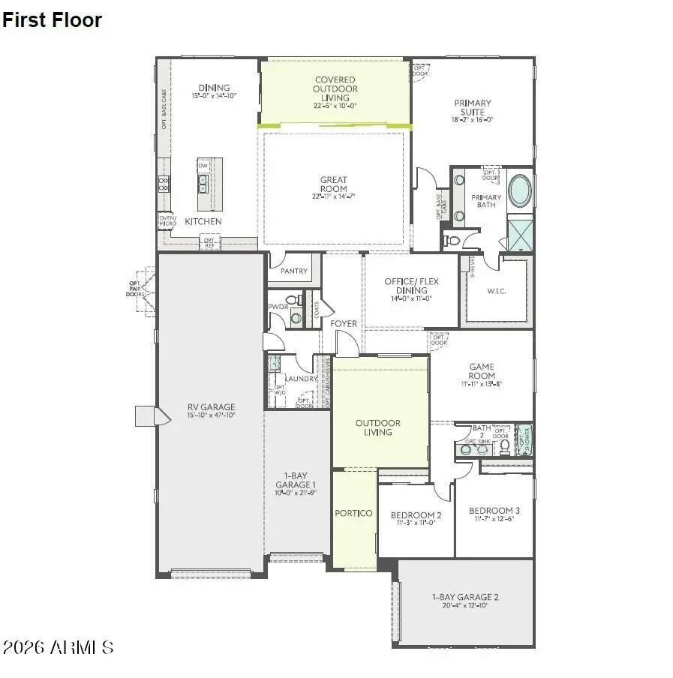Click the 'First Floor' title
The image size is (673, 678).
point(52,20)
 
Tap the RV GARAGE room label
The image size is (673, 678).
point(211,407)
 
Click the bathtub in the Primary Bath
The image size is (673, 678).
point(519,190)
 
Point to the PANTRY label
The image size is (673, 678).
point(293,271)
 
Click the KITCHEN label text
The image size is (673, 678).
point(203,222)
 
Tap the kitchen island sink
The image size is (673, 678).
point(203,184)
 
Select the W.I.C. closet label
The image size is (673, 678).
point(496,290)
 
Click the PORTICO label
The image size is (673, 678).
point(353,514)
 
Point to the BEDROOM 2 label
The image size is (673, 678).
point(416,515)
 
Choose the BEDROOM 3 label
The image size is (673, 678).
point(494,511)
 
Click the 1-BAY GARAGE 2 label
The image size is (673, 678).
point(465,597)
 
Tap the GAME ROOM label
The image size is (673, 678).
point(482,371)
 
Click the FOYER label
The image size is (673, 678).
point(344,324)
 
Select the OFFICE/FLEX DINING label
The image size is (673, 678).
point(411,286)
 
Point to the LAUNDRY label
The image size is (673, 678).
point(301,379)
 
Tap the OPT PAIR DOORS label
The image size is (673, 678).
point(135,288)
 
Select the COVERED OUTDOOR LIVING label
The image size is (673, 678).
point(335,88)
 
